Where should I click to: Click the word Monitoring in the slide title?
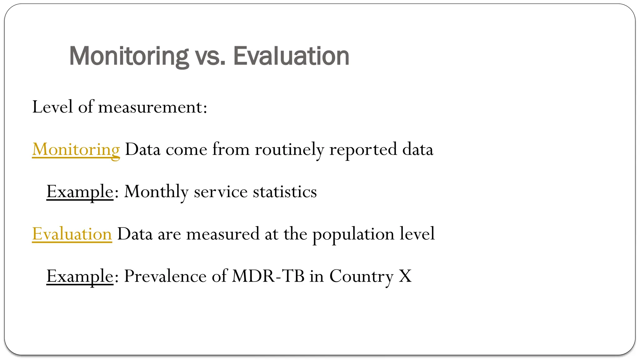pos(129,56)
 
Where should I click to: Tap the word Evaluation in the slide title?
pos(291,56)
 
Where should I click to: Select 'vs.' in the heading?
pos(210,56)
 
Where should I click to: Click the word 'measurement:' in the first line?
pos(152,107)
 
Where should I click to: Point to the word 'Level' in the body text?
pos(52,107)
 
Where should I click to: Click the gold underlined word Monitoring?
pos(76,149)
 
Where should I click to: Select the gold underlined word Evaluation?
pos(72,234)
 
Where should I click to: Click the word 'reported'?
pos(363,149)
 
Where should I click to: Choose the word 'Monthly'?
pos(156,192)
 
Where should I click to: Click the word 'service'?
pos(221,192)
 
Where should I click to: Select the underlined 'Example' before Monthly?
pos(80,192)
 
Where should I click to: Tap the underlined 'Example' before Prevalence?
pos(80,276)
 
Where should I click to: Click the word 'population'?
pos(353,234)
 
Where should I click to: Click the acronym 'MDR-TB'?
pos(268,276)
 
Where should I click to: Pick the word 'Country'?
pos(361,276)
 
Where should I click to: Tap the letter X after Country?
pos(405,276)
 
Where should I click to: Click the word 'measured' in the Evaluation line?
pos(223,234)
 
